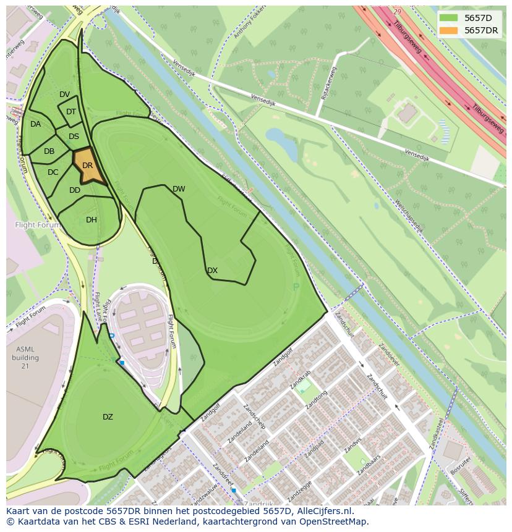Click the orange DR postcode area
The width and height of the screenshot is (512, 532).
click(88, 166)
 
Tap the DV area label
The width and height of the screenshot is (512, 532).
click(65, 95)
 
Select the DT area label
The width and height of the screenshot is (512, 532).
click(71, 112)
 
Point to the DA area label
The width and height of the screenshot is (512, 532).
click(35, 124)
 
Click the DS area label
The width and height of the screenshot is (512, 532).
click(74, 137)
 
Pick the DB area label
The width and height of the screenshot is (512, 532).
click(49, 151)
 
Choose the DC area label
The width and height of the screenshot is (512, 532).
click(53, 172)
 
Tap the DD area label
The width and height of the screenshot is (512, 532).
click(75, 190)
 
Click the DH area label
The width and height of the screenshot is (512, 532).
click(92, 220)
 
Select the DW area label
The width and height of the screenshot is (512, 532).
click(179, 189)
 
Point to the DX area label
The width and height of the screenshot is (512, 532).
click(212, 271)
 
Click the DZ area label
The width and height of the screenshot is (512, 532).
click(108, 417)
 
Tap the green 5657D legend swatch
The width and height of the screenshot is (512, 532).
click(448, 18)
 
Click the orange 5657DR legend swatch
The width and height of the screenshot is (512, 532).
click(448, 30)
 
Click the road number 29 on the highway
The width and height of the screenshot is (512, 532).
click(397, 12)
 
